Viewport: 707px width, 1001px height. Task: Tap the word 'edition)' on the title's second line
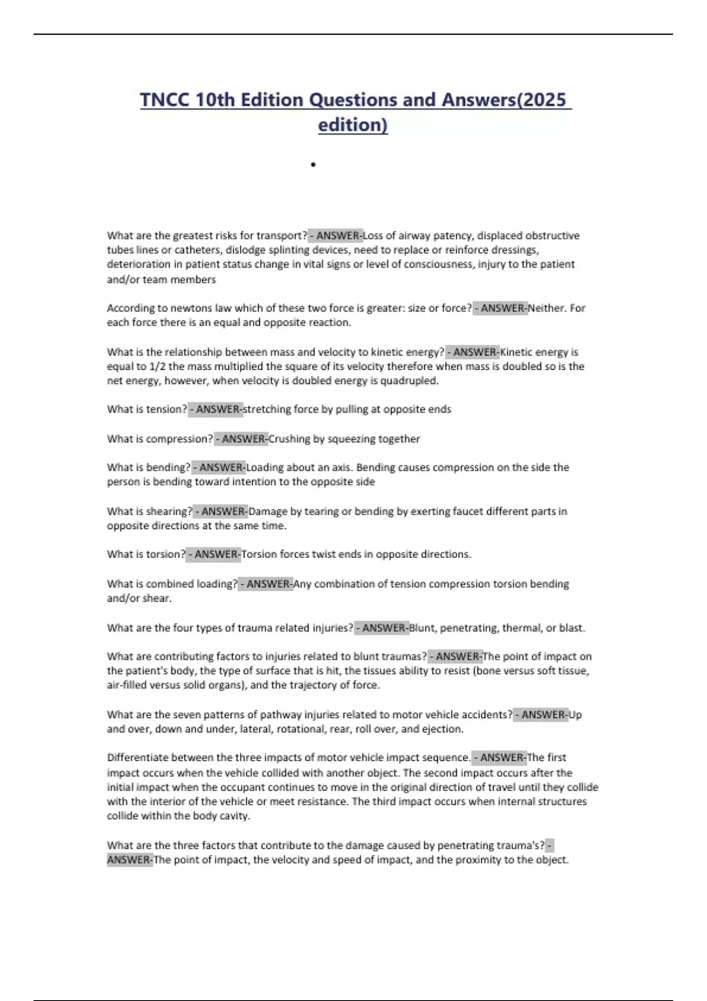pos(353,125)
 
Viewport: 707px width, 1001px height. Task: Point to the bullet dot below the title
pos(313,165)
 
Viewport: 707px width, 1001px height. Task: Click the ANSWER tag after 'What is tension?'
pos(216,409)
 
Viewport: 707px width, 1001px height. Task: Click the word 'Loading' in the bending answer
pos(264,468)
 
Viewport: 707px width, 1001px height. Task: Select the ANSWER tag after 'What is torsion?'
pos(214,554)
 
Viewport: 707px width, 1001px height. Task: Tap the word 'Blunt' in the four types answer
pos(421,628)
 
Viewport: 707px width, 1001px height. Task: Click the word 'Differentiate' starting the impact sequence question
pos(136,758)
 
